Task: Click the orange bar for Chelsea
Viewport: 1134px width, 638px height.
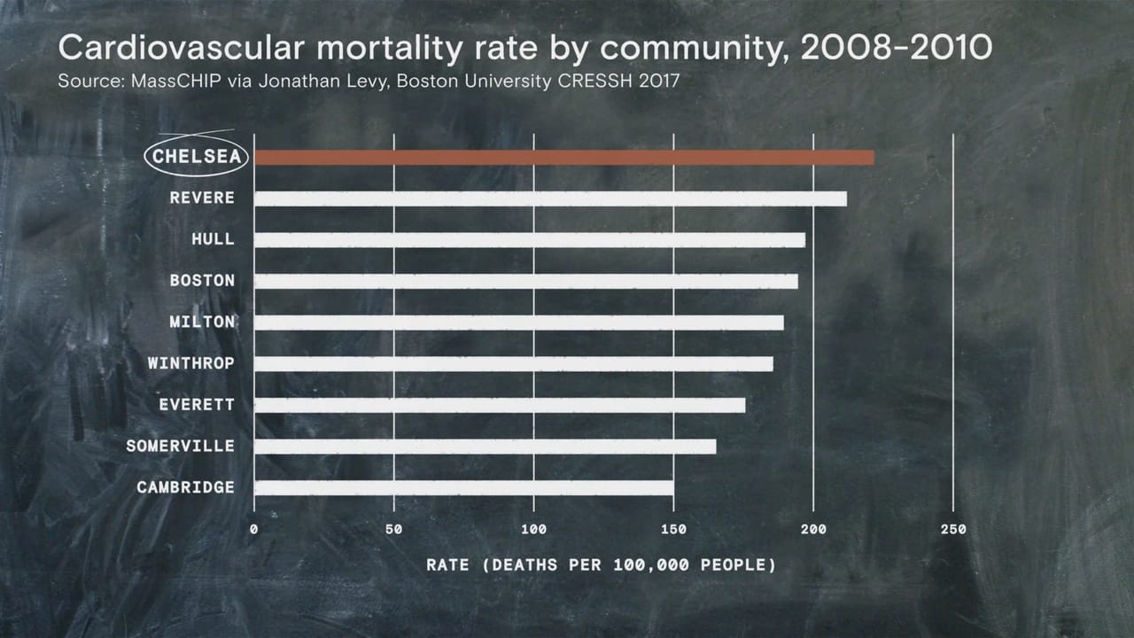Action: tap(563, 158)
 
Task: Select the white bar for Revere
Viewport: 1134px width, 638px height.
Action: tap(550, 198)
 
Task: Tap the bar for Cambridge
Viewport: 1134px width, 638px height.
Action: tap(463, 487)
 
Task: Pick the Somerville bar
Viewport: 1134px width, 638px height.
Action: tap(485, 447)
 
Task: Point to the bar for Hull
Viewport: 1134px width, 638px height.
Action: tap(529, 240)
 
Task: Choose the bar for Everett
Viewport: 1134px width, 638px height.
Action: tap(500, 405)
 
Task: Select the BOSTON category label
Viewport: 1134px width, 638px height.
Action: tap(202, 281)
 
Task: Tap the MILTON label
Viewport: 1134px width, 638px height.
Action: tap(202, 322)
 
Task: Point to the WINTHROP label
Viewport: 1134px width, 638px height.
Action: tap(190, 363)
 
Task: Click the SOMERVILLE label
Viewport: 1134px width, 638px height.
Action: tap(180, 446)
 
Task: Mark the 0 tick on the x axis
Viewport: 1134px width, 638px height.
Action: tap(254, 530)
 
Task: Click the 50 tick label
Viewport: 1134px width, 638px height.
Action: tap(394, 530)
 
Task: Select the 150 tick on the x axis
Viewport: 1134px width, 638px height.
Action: tap(674, 530)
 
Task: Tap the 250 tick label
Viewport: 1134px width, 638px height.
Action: tap(953, 530)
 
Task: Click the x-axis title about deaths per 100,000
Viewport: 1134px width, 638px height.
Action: tap(601, 564)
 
